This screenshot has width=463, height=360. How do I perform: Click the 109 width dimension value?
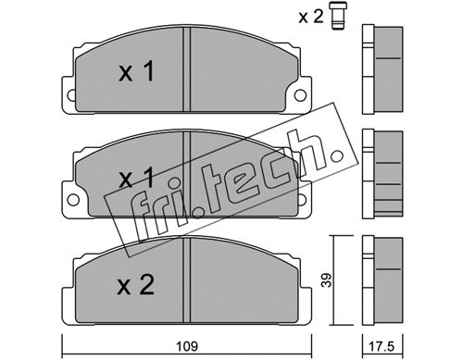click(187, 346)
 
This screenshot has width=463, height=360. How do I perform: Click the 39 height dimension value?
click(327, 280)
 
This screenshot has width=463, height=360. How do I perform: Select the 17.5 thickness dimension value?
click(382, 346)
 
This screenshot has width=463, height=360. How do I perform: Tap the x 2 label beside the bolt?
click(311, 16)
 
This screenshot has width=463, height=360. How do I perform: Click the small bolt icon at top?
click(338, 16)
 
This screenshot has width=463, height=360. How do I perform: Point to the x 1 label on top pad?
click(136, 71)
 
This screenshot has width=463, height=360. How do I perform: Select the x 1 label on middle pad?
click(136, 178)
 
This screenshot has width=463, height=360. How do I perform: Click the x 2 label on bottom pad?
click(135, 285)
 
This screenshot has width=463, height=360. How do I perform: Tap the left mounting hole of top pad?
click(71, 95)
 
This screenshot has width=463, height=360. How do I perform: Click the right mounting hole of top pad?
click(300, 95)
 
